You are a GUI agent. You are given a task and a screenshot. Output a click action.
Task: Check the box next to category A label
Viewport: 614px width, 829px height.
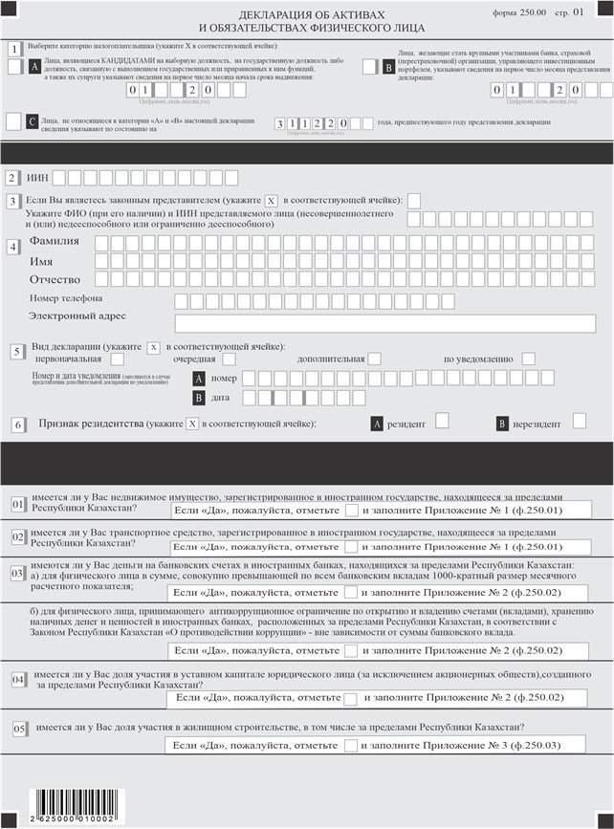point(14,67)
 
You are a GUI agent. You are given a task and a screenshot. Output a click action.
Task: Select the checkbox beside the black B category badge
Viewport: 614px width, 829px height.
point(370,67)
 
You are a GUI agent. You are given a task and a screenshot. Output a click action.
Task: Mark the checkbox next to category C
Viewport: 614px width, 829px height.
point(13,121)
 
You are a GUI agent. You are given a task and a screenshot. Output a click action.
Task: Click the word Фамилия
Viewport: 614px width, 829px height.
point(55,242)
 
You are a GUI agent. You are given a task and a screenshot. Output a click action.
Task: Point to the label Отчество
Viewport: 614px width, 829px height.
point(55,280)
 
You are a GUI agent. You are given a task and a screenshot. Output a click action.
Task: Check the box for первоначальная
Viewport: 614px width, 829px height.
point(117,359)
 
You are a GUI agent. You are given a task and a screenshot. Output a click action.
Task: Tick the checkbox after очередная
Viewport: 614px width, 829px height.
point(230,359)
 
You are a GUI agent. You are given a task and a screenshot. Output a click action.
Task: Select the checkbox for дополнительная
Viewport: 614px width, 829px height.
point(374,359)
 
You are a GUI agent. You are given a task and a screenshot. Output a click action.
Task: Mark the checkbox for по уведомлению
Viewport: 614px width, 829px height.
point(528,359)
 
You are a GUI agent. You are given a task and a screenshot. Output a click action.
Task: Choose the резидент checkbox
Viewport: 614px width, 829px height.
point(442,421)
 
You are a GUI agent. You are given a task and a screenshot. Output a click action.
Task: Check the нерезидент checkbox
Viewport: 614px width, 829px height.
point(579,421)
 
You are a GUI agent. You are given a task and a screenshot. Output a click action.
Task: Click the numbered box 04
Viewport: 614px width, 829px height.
point(17,679)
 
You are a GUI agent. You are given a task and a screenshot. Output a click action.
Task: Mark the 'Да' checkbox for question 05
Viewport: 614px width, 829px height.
point(352,744)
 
